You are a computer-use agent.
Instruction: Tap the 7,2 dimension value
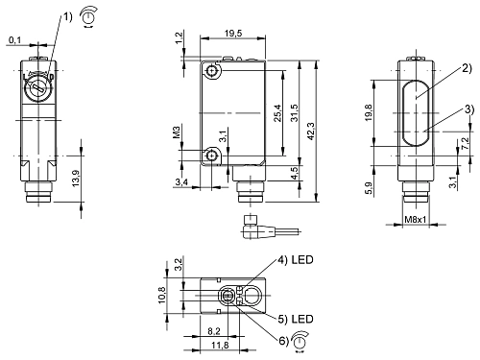point(466,145)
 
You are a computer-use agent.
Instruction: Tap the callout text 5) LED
point(299,319)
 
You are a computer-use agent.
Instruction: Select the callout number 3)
point(467,108)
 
